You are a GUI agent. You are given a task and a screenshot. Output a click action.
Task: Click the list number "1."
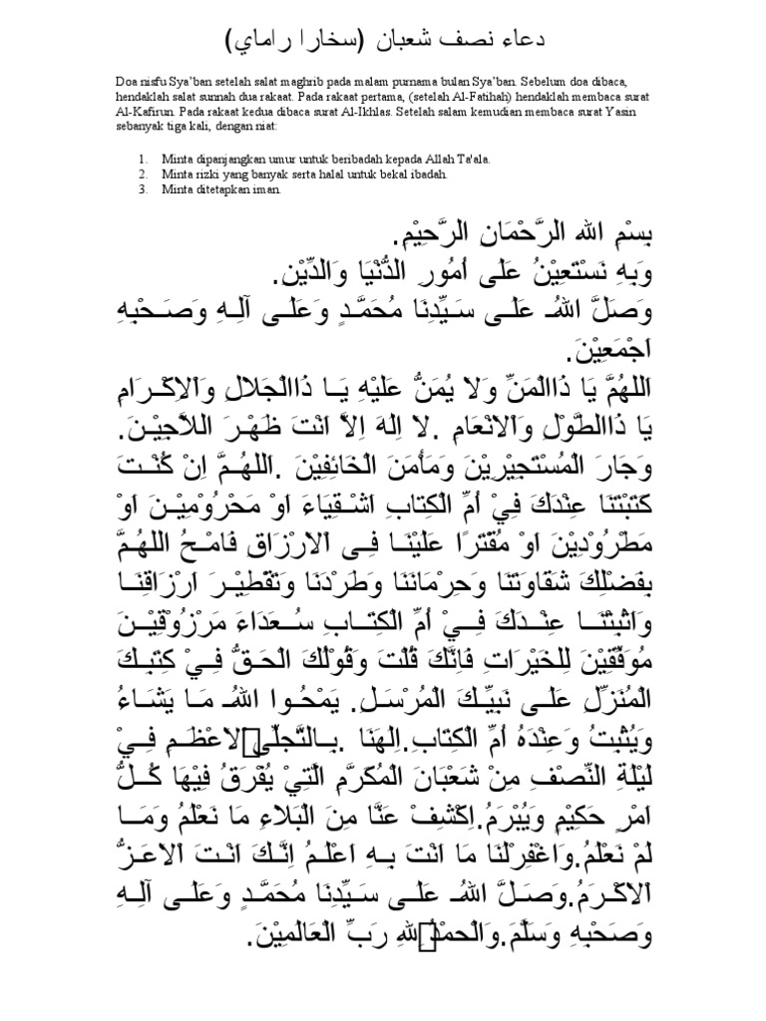143,158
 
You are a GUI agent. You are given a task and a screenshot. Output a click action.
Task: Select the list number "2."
143,172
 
